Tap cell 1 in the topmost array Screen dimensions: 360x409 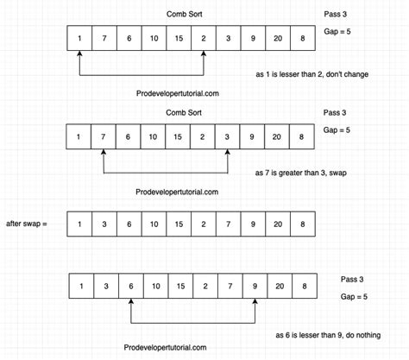click(x=79, y=40)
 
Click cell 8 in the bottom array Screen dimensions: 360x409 click(x=302, y=285)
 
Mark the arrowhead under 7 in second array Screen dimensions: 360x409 click(x=104, y=156)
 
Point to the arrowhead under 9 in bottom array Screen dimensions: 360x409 click(x=255, y=304)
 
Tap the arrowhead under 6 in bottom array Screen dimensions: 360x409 click(x=129, y=304)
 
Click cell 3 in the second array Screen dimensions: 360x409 click(x=228, y=137)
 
